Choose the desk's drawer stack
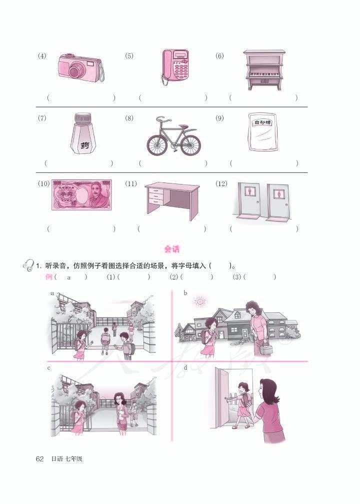[156, 197]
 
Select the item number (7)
[42, 118]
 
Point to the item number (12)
[221, 184]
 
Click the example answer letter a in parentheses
[69, 277]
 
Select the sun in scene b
[200, 301]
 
